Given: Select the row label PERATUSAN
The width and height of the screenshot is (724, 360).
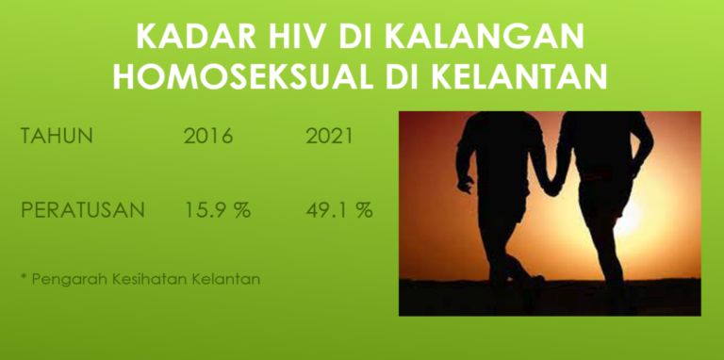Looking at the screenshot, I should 83,209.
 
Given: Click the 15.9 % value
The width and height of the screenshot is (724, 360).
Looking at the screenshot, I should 217,209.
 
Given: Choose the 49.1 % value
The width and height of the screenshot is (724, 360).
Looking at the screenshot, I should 339,209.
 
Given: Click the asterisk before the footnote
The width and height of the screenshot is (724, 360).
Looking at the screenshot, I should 24,279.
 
